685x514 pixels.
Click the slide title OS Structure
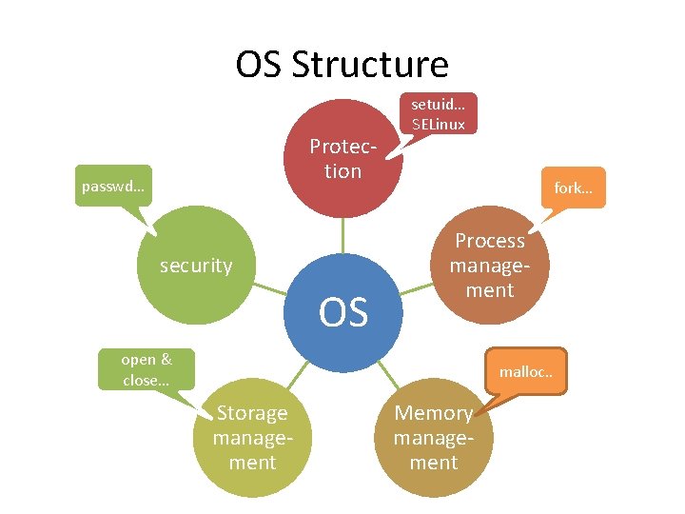pyautogui.click(x=342, y=65)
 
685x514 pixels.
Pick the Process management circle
pyautogui.click(x=489, y=267)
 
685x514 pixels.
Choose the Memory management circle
pyautogui.click(x=434, y=438)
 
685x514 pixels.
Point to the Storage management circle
pyautogui.click(x=252, y=438)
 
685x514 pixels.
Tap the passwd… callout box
pyautogui.click(x=113, y=187)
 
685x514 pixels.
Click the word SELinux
pyautogui.click(x=439, y=124)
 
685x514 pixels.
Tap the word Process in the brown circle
pyautogui.click(x=490, y=242)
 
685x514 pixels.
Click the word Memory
pyautogui.click(x=434, y=413)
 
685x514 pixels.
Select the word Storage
pyautogui.click(x=252, y=413)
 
